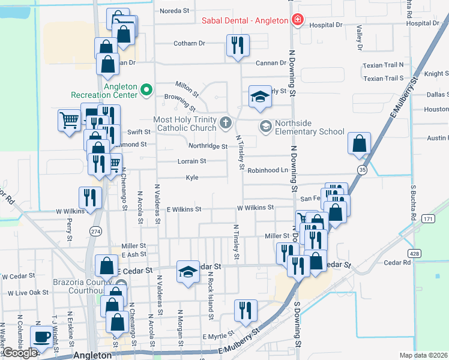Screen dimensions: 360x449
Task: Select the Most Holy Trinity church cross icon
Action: click(226, 124)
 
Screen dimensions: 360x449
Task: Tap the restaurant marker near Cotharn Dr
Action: click(238, 46)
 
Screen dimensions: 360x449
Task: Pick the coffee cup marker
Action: click(42, 338)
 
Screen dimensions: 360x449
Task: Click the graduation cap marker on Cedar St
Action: click(188, 272)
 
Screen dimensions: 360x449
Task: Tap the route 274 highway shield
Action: click(96, 230)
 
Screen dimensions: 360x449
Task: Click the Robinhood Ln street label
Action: click(268, 170)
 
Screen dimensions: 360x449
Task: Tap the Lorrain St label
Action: click(192, 161)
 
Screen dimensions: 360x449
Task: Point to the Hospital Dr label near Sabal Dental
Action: click(325, 25)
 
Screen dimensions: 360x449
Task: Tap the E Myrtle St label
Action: click(217, 337)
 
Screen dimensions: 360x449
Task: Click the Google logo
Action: click(19, 353)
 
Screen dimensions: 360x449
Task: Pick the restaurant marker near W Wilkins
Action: click(90, 199)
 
